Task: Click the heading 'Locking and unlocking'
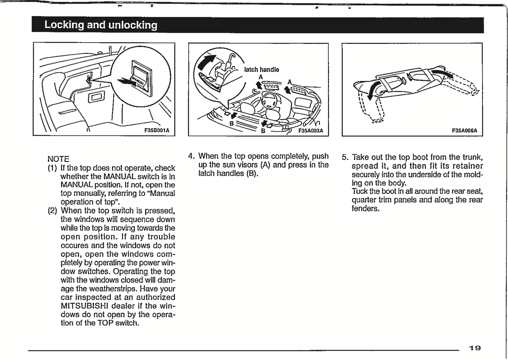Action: click(x=101, y=25)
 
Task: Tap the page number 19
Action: click(x=475, y=348)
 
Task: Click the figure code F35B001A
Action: click(x=157, y=131)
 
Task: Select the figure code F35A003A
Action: click(x=311, y=131)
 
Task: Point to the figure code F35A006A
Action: click(x=464, y=131)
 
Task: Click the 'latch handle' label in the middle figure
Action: click(x=262, y=70)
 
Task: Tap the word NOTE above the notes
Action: click(x=58, y=159)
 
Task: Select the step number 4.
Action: click(x=191, y=156)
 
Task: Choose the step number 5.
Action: click(x=345, y=157)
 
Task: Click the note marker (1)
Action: click(x=52, y=168)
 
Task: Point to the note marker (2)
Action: click(x=52, y=211)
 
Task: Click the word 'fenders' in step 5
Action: click(x=365, y=209)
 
